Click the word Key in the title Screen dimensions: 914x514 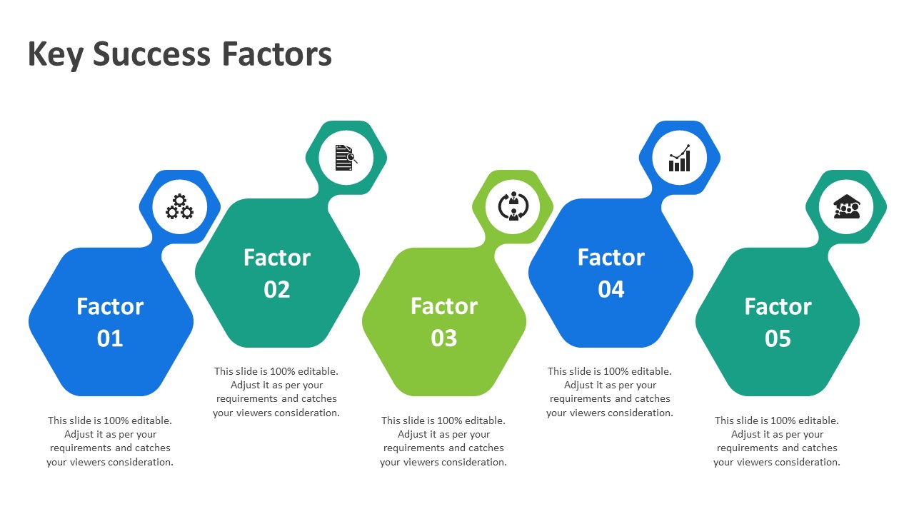pyautogui.click(x=56, y=55)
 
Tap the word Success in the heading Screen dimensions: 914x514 pyautogui.click(x=151, y=54)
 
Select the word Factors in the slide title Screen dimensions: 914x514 pyautogui.click(x=276, y=54)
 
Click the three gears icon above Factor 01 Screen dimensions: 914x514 pyautogui.click(x=179, y=207)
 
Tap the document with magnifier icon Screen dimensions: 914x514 pyautogui.click(x=346, y=158)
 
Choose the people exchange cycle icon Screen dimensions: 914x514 pyautogui.click(x=513, y=206)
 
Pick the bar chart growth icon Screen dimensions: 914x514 pyautogui.click(x=679, y=158)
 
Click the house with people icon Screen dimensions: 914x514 pyautogui.click(x=847, y=206)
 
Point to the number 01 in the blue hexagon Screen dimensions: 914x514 pyautogui.click(x=110, y=338)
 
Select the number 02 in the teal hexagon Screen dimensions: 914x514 pyautogui.click(x=276, y=290)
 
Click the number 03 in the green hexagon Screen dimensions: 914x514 pyautogui.click(x=444, y=338)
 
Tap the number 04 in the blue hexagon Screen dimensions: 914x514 pyautogui.click(x=611, y=290)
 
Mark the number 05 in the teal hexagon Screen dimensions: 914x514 pyautogui.click(x=778, y=338)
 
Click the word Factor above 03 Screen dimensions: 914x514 pyautogui.click(x=444, y=306)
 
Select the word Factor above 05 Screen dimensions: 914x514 pyautogui.click(x=778, y=306)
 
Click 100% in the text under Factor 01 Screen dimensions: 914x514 pyautogui.click(x=116, y=420)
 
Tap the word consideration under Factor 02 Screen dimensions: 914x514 pyautogui.click(x=307, y=413)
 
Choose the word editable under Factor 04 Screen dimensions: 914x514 pyautogui.click(x=651, y=372)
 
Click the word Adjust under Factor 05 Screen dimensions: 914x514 pyautogui.click(x=745, y=435)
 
